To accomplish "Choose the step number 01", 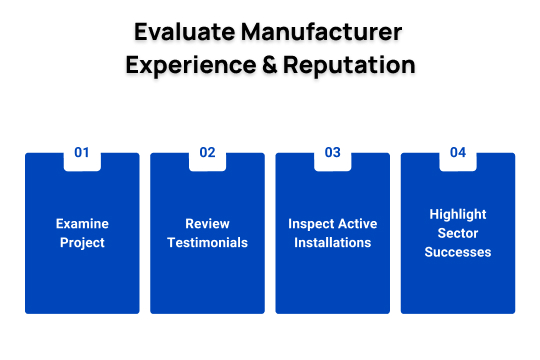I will click(82, 153).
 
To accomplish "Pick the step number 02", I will click(207, 153).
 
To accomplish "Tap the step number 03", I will click(333, 153).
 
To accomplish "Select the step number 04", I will click(458, 153).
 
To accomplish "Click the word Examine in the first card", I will click(82, 224).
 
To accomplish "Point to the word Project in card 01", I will click(82, 243).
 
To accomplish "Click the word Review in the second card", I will click(207, 224).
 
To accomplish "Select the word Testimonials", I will click(207, 243).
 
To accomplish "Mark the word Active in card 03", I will click(357, 224).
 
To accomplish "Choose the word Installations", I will click(333, 243).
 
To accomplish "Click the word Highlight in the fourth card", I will click(458, 214).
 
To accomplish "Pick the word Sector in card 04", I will click(458, 233).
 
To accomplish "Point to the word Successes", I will click(458, 252).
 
